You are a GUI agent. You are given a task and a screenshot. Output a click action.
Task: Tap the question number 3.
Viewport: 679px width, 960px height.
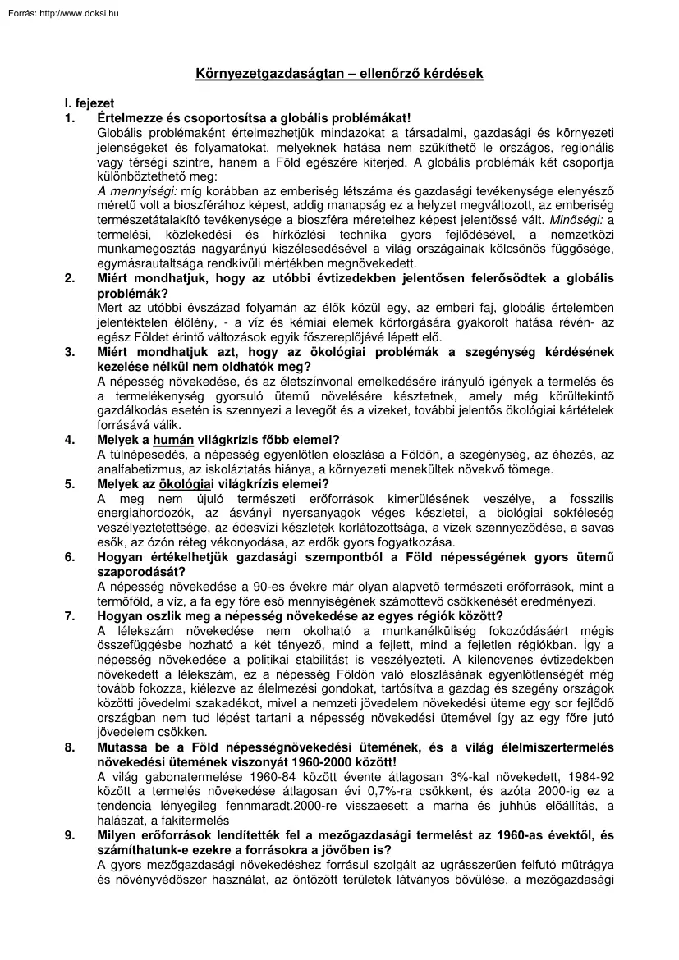70,352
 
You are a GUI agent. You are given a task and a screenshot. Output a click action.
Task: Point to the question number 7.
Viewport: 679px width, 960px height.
70,615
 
